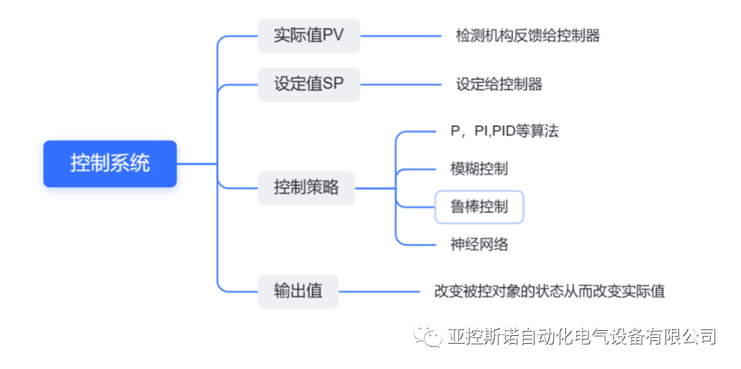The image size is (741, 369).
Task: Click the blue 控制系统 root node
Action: pos(109,163)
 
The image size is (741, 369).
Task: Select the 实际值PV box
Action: pos(308,35)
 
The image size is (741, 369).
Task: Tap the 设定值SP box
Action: pos(308,84)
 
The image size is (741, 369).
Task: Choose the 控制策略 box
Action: pos(306,188)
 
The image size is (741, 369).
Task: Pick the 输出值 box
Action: pos(298,291)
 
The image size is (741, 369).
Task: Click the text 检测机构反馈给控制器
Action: pos(528,35)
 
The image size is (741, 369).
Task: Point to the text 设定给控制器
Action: pos(499,84)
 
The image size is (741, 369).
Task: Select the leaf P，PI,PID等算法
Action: pos(504,131)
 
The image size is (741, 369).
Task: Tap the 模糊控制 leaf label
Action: pos(479,169)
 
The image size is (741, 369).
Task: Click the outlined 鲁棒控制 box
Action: pos(479,207)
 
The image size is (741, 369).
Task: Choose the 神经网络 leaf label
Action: pos(479,245)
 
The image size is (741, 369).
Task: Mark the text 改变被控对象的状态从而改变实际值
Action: pos(549,291)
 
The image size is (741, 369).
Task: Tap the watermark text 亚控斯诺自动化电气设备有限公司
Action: pos(581,337)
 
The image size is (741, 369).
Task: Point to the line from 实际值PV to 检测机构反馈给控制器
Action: pos(400,35)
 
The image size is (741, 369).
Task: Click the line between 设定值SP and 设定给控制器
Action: pos(400,84)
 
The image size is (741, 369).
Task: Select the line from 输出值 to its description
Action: pos(380,291)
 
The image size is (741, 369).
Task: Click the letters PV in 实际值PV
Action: pos(333,35)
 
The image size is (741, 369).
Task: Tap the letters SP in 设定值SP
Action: pos(333,84)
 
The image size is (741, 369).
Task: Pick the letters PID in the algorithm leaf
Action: pos(506,131)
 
